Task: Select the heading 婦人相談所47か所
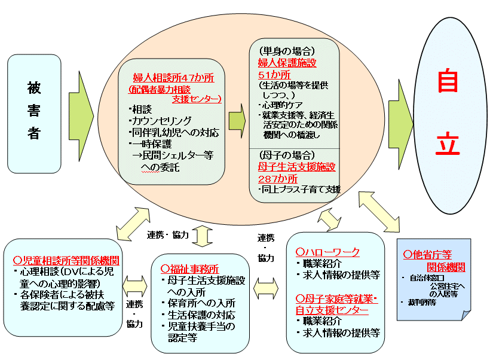[x=173, y=78]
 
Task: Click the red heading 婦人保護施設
[x=287, y=62]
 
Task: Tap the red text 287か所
[x=278, y=178]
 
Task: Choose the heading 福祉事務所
[x=191, y=269]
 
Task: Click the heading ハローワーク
[x=332, y=252]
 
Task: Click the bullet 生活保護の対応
[x=202, y=315]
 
